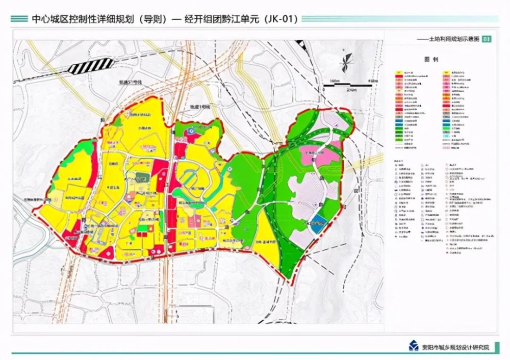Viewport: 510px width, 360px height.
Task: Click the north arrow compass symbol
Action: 347,61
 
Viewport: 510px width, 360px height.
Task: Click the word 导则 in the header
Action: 155,19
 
